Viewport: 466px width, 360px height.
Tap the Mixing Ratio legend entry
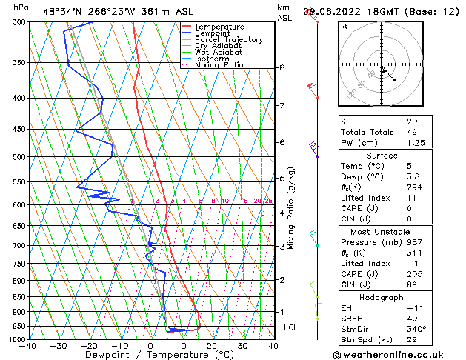click(x=219, y=65)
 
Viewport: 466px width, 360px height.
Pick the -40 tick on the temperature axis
click(x=29, y=345)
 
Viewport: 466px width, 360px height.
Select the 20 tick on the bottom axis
click(x=212, y=345)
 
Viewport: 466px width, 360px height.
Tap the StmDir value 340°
click(x=416, y=329)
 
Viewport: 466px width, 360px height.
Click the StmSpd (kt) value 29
click(x=412, y=339)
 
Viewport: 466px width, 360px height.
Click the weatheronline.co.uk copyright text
click(x=399, y=354)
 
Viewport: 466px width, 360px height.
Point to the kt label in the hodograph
click(x=344, y=26)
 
